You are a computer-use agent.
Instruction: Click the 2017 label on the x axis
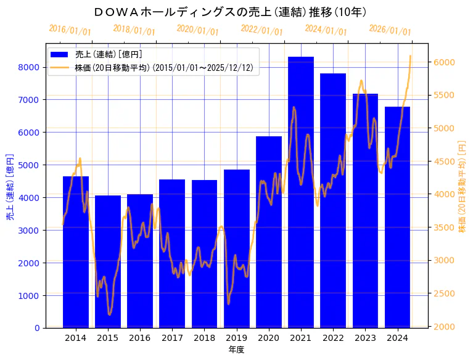pyautogui.click(x=172, y=338)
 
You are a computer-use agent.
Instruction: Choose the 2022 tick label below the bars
pyautogui.click(x=333, y=338)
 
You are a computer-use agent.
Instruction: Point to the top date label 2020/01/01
pyautogui.click(x=197, y=30)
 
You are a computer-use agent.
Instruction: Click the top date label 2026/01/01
pyautogui.click(x=390, y=30)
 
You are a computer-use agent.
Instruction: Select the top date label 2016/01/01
pyautogui.click(x=70, y=30)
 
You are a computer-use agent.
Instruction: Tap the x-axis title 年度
pyautogui.click(x=236, y=350)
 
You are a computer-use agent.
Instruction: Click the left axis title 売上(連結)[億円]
pyautogui.click(x=10, y=187)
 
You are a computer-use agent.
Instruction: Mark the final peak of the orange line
pyautogui.click(x=410, y=56)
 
